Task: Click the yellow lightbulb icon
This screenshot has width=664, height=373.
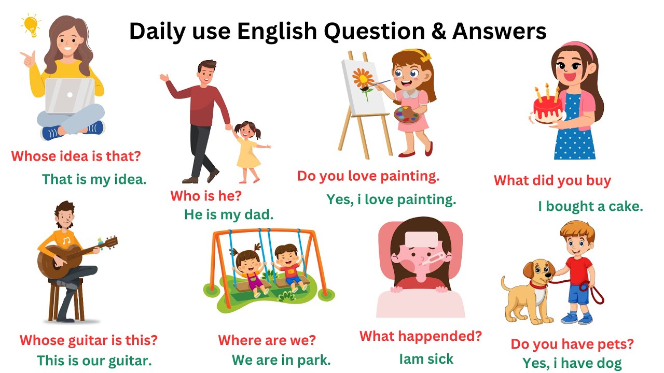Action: click(x=30, y=25)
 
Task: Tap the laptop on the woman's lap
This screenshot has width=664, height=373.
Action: click(x=70, y=96)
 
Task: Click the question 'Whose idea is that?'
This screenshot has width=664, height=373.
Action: click(x=76, y=156)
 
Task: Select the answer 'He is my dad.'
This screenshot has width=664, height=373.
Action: click(x=228, y=214)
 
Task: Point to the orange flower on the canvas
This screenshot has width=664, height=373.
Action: click(x=362, y=80)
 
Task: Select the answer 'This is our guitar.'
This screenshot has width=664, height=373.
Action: click(x=94, y=360)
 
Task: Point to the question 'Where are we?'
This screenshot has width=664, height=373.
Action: click(x=267, y=340)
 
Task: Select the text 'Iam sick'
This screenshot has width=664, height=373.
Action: click(x=426, y=358)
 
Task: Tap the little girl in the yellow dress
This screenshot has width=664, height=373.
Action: click(x=248, y=151)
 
